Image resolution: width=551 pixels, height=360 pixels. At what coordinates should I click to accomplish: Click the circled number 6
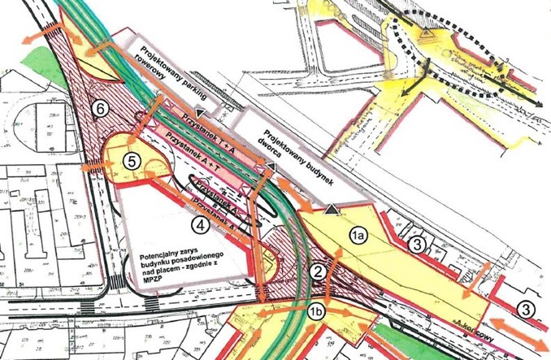click(100, 107)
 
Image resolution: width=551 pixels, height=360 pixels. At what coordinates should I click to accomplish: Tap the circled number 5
click(131, 161)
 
